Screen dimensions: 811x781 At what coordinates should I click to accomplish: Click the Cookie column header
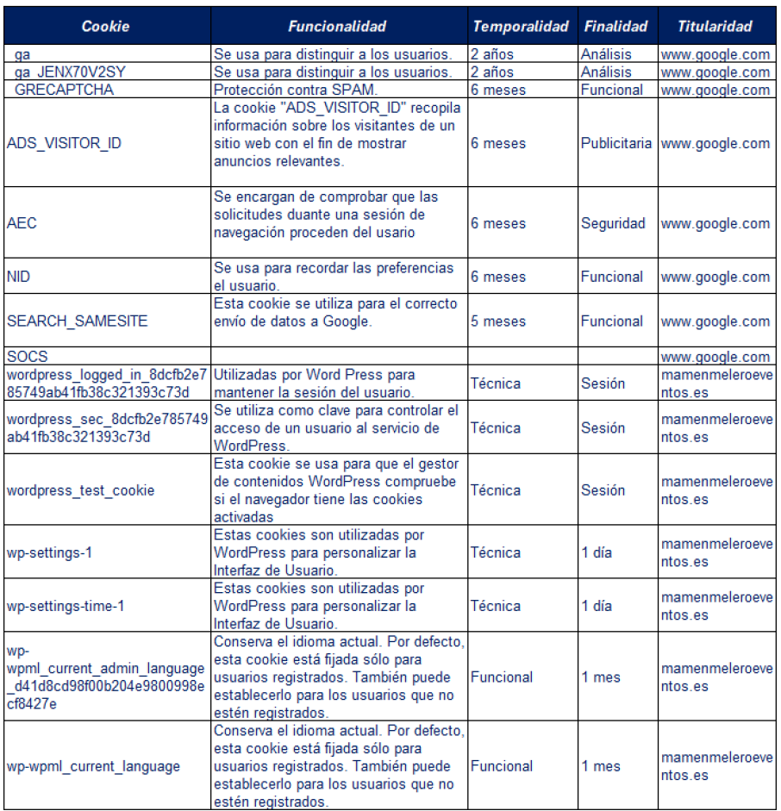(x=105, y=27)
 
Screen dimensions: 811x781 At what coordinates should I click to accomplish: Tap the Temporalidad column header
(x=521, y=27)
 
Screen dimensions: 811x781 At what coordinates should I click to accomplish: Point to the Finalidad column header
(x=615, y=27)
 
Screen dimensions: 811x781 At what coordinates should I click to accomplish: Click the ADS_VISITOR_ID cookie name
(x=64, y=143)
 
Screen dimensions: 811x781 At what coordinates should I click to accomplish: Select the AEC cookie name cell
(x=22, y=223)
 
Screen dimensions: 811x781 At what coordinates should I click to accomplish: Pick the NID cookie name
(x=19, y=277)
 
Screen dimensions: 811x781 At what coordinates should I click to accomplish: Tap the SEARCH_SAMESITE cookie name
(x=77, y=321)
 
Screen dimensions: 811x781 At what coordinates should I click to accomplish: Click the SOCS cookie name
(x=27, y=357)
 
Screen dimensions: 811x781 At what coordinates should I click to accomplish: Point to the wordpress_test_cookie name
(x=80, y=490)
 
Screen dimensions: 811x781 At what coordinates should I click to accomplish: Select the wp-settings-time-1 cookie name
(x=66, y=606)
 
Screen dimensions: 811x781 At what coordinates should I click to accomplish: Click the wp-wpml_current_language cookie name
(x=93, y=766)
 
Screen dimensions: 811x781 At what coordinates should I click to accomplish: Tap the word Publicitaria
(x=615, y=143)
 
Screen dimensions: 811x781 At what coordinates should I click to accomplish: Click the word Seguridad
(x=612, y=223)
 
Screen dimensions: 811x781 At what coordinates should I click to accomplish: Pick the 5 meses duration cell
(x=497, y=321)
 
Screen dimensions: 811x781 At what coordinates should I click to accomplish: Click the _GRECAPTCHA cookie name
(x=63, y=90)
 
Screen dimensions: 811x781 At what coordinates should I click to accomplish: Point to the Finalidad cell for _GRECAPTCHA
(x=611, y=90)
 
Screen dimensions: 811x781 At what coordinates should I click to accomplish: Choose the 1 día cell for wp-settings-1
(x=597, y=552)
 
